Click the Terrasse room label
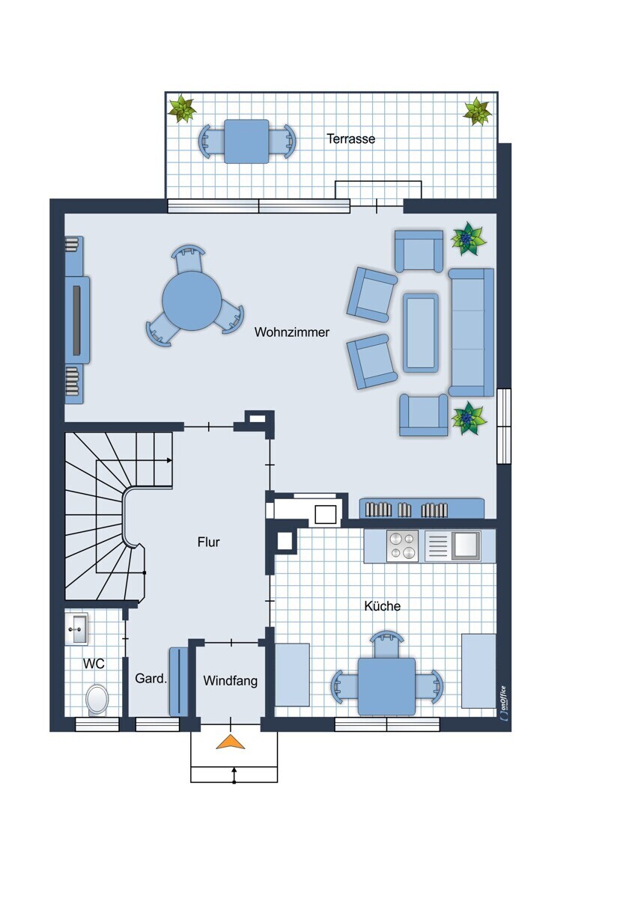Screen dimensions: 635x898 (350, 138)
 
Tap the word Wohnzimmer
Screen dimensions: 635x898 (291, 332)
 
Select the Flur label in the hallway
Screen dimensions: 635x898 (209, 542)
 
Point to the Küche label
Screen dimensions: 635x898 (383, 605)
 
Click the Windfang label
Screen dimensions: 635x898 (230, 681)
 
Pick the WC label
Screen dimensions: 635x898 (94, 664)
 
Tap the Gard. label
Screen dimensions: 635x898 (151, 678)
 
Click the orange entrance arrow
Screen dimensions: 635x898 (230, 742)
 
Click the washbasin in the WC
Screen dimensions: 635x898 (77, 629)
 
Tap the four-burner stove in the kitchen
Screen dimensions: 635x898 (402, 546)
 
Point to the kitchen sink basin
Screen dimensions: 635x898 (466, 546)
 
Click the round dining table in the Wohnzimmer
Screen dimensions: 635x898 (192, 301)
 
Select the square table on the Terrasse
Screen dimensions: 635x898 (246, 141)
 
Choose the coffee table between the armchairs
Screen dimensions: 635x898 (420, 333)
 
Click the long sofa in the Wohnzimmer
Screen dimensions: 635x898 (471, 332)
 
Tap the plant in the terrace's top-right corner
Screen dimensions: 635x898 (477, 111)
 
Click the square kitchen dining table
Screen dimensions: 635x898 (386, 686)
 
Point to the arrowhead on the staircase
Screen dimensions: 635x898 (169, 460)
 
